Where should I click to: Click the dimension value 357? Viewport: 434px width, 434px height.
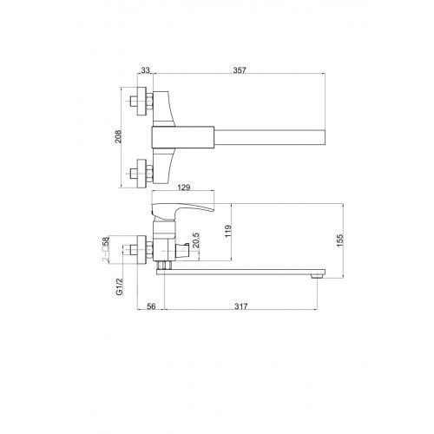240,70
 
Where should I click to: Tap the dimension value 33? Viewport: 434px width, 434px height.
146,70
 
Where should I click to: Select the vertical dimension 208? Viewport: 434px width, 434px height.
118,136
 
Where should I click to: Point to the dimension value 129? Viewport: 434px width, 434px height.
184,187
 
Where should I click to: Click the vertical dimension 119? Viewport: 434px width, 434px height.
228,231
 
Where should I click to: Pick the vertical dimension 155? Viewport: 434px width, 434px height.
339,240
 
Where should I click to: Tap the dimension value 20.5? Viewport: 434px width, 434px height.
196,240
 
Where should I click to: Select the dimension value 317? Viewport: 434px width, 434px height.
241,306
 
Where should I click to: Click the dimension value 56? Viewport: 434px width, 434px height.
151,306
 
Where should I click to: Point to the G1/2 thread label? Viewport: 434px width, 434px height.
119,286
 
